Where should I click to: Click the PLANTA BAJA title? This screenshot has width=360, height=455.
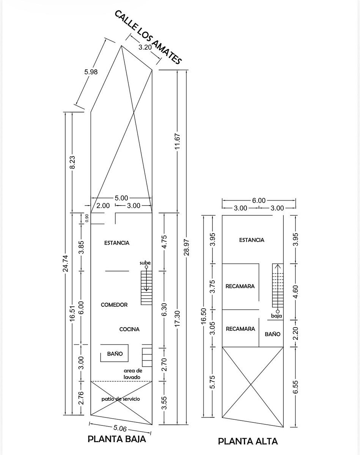click(117, 439)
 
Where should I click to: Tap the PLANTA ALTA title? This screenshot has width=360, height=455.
click(248, 441)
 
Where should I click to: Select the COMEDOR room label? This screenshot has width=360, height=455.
click(114, 305)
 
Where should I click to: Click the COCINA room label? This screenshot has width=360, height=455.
click(129, 329)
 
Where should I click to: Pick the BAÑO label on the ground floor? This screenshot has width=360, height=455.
click(115, 354)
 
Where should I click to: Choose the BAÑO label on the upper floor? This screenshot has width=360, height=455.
click(273, 334)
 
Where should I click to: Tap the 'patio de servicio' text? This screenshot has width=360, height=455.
click(121, 399)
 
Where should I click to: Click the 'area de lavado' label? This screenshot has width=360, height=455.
click(133, 374)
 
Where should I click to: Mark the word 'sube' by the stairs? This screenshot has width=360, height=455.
click(145, 263)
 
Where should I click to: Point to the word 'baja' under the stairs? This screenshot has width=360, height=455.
click(277, 316)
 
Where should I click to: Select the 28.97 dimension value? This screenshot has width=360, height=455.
click(187, 247)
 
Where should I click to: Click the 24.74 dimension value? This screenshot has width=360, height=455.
click(66, 264)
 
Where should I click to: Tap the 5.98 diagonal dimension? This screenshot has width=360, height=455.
click(91, 72)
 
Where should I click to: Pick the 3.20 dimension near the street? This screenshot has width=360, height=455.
click(145, 47)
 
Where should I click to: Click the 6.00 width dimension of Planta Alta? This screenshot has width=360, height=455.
click(259, 201)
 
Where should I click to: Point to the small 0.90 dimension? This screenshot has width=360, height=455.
click(87, 218)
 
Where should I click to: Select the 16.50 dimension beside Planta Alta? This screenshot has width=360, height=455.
click(203, 316)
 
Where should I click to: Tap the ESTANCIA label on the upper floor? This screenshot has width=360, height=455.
click(252, 240)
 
